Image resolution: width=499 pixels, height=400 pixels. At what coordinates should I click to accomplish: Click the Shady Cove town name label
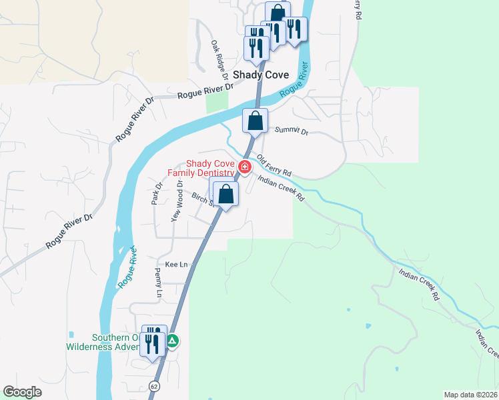pyautogui.click(x=261, y=76)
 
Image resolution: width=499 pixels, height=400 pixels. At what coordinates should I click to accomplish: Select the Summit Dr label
pyautogui.click(x=296, y=132)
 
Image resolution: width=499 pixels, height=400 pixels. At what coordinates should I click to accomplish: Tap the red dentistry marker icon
pyautogui.click(x=245, y=167)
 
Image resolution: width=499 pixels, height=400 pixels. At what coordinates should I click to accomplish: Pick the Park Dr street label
pyautogui.click(x=157, y=194)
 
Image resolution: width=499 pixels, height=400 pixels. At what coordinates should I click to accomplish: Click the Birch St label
pyautogui.click(x=201, y=199)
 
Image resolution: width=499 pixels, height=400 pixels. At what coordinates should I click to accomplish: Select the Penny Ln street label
pyautogui.click(x=159, y=283)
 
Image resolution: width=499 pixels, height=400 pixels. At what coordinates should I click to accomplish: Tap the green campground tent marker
pyautogui.click(x=172, y=341)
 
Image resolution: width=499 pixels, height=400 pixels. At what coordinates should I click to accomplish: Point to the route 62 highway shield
pyautogui.click(x=155, y=385)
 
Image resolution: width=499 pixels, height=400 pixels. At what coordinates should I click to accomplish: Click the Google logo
pyautogui.click(x=22, y=392)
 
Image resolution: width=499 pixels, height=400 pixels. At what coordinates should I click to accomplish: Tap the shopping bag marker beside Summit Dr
pyautogui.click(x=255, y=121)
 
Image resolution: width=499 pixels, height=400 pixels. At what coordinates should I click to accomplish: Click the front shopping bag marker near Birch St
pyautogui.click(x=226, y=195)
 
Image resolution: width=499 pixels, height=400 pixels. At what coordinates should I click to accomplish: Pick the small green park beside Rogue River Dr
pyautogui.click(x=217, y=101)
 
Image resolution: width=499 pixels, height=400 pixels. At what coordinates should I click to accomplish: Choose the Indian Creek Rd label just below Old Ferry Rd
pyautogui.click(x=280, y=188)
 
